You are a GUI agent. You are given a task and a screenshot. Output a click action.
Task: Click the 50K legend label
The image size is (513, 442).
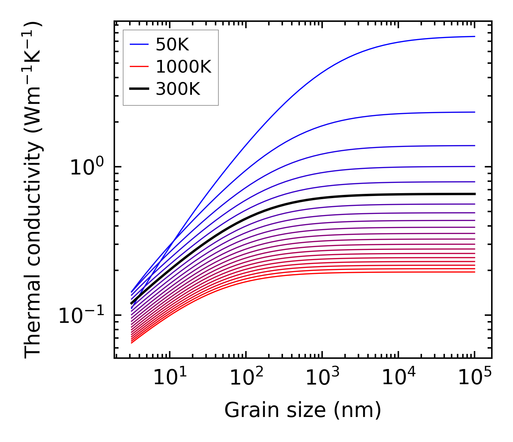tap(172, 45)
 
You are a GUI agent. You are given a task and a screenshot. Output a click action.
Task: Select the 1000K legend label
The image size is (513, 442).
tap(183, 67)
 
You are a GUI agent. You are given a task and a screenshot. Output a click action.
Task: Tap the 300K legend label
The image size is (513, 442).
tap(178, 89)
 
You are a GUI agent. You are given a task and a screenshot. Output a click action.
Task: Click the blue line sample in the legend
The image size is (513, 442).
tap(139, 45)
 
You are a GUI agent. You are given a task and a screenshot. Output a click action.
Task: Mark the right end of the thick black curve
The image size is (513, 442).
tap(475, 194)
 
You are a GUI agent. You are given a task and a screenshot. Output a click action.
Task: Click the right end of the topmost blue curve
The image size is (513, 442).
tap(475, 36)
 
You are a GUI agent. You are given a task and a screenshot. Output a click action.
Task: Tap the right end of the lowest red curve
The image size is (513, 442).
tap(475, 272)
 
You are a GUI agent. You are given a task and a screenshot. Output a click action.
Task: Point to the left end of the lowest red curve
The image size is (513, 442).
tap(131, 343)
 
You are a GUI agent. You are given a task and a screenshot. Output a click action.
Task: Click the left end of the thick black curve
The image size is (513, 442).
tap(131, 303)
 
